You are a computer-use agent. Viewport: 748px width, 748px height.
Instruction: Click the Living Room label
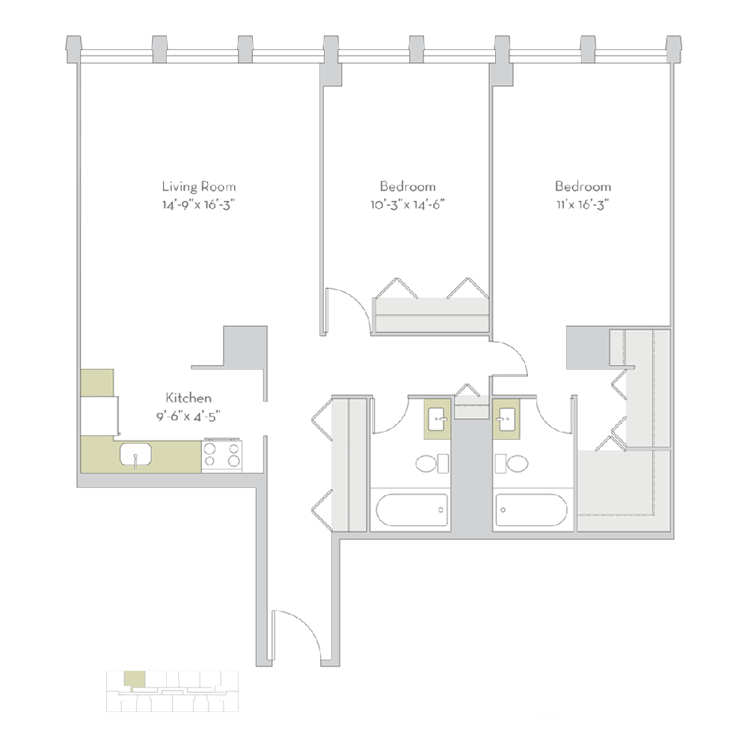pyautogui.click(x=199, y=186)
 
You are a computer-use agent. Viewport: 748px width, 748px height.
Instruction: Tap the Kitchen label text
pyautogui.click(x=188, y=397)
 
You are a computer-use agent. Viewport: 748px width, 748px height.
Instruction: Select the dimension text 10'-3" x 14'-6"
pyautogui.click(x=408, y=205)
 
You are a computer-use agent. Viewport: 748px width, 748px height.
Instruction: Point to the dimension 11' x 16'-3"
pyautogui.click(x=583, y=205)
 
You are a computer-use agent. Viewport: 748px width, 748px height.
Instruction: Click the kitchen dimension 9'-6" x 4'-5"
pyautogui.click(x=188, y=417)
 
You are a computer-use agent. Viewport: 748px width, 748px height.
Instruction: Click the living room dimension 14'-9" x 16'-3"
pyautogui.click(x=199, y=205)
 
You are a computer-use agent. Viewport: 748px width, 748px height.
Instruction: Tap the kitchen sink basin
pyautogui.click(x=135, y=454)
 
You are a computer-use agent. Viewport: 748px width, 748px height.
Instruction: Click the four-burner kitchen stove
pyautogui.click(x=222, y=456)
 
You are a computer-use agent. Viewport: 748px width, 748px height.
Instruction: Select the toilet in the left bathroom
pyautogui.click(x=432, y=463)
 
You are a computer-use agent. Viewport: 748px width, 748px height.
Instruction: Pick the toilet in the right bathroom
pyautogui.click(x=512, y=463)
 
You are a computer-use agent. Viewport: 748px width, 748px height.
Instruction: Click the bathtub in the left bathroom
pyautogui.click(x=411, y=509)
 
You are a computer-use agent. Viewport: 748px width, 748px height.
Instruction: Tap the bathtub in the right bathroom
pyautogui.click(x=531, y=509)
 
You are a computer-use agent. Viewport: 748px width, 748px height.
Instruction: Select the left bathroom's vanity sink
pyautogui.click(x=438, y=418)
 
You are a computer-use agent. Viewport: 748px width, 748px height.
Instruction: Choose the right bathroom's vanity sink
pyautogui.click(x=506, y=418)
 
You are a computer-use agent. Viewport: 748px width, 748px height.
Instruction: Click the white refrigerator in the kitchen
pyautogui.click(x=99, y=415)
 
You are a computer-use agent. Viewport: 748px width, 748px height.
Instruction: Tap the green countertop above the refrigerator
pyautogui.click(x=96, y=382)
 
